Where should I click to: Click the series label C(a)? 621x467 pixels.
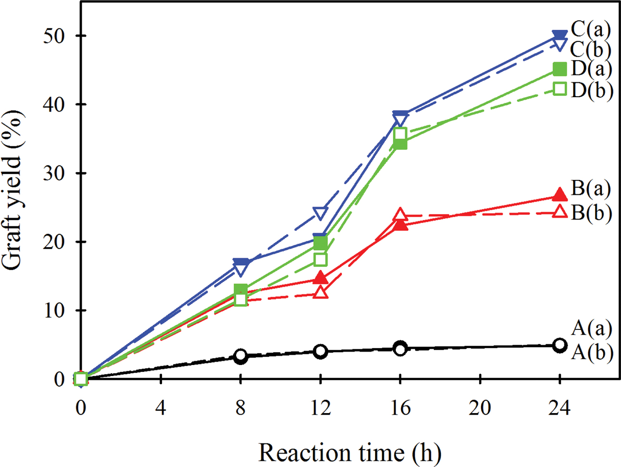(591, 30)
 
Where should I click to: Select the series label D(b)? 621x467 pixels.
(592, 90)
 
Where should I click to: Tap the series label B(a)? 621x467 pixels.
(591, 189)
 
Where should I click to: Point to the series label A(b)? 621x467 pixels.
(592, 353)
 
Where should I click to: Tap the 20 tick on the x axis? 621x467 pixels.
(480, 408)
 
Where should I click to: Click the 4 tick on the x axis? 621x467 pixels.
(161, 408)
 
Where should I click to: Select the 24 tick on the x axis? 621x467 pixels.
(559, 408)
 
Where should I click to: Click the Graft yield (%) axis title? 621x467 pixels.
(13, 192)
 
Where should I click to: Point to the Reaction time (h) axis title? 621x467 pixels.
(350, 453)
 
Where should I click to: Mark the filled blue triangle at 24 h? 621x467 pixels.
(559, 36)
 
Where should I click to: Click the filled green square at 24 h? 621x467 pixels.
(559, 69)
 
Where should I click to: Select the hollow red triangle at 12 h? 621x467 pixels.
(320, 292)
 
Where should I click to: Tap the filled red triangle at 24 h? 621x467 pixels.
(559, 195)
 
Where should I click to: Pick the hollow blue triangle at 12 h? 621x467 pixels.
(320, 213)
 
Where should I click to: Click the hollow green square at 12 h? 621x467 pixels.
(320, 260)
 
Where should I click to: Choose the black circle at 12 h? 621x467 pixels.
(320, 352)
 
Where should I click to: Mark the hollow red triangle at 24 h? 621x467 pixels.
(559, 212)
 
